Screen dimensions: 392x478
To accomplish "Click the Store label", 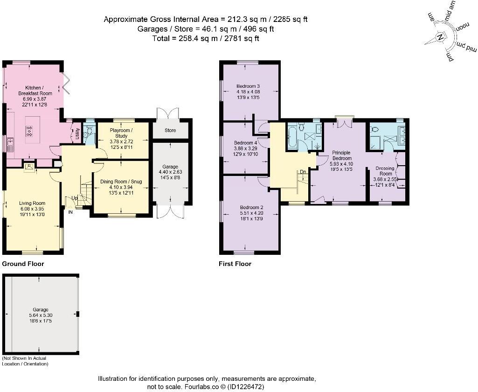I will [170, 130].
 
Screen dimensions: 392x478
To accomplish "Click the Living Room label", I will [32, 203].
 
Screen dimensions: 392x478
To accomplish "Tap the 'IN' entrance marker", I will [71, 212].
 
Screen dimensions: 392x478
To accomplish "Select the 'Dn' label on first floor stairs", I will [303, 172].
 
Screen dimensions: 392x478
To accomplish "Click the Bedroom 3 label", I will [248, 86].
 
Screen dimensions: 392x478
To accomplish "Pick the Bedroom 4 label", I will [245, 142].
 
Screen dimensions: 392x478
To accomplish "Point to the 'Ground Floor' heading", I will [23, 264].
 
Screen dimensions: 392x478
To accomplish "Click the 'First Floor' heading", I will [235, 264].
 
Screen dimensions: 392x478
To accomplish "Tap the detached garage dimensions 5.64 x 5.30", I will [40, 315].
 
